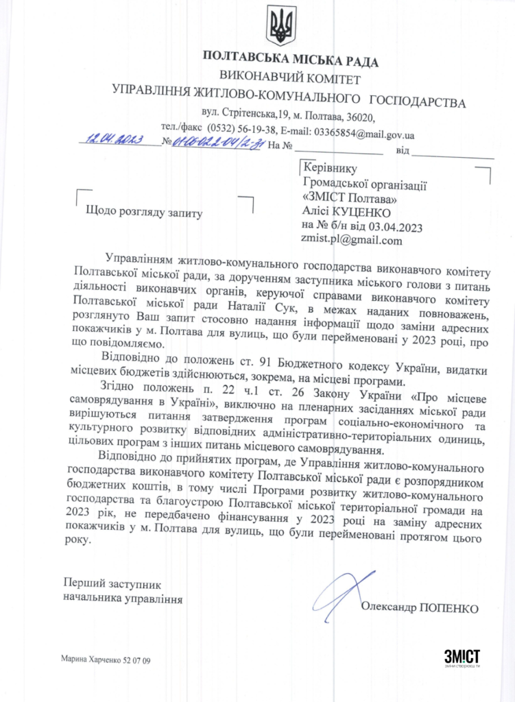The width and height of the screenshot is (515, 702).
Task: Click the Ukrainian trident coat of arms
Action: (282, 25)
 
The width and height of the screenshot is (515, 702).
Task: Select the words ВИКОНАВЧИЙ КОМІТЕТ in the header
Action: (291, 80)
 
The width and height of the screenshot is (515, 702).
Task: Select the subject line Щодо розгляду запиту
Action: (144, 213)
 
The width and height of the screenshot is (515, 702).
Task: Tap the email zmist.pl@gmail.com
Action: (351, 240)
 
